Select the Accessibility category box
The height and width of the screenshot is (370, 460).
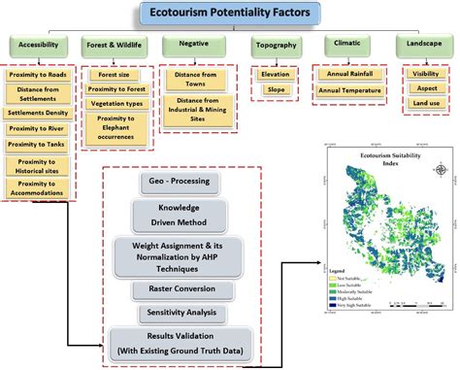point(36,46)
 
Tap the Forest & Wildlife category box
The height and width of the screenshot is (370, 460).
point(115,46)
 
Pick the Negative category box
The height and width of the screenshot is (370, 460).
point(191,46)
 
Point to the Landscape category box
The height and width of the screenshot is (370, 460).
point(421,46)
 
